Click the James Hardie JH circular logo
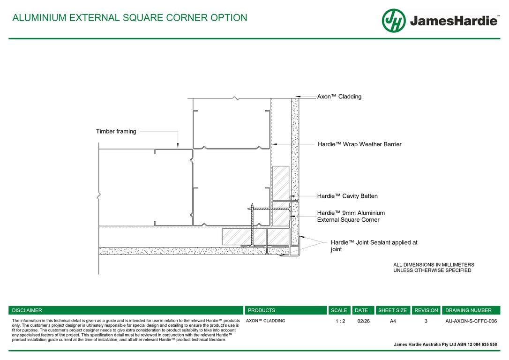tap(394, 21)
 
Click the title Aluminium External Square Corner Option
tap(129, 18)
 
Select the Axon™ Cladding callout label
tap(339, 97)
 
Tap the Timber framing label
tap(116, 131)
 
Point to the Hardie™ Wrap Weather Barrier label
tap(359, 144)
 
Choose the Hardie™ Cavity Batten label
tap(347, 196)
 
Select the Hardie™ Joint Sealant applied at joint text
tap(374, 246)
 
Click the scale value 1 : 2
tap(340, 321)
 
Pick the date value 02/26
tap(363, 321)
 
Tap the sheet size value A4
tap(393, 321)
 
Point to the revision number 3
tap(426, 321)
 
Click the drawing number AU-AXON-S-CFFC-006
tap(471, 321)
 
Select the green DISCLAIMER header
tap(27, 310)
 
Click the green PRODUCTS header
tap(262, 310)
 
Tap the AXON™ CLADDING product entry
tap(266, 321)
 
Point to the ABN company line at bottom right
tap(445, 344)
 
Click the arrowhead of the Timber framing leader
tap(178, 147)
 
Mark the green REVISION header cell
tap(426, 310)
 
